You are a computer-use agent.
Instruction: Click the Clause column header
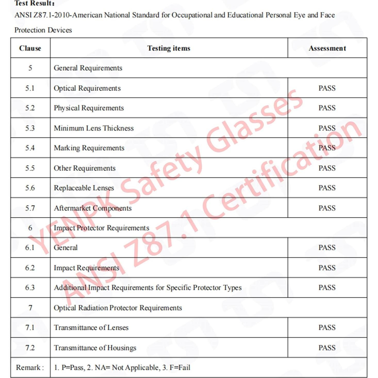pos(30,48)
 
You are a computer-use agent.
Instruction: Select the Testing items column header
pos(169,48)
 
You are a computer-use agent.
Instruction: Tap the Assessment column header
pos(327,48)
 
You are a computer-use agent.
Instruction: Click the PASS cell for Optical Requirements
pos(327,88)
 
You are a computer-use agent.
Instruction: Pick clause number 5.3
pos(30,128)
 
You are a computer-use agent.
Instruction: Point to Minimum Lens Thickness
pos(94,128)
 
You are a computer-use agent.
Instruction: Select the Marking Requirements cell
pos(89,148)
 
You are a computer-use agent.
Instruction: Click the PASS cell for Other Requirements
pos(327,168)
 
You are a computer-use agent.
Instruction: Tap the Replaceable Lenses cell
pos(84,188)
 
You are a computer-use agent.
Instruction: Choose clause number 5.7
pos(30,208)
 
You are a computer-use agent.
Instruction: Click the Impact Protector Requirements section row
pos(101,228)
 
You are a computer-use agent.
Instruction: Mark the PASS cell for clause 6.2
pos(327,268)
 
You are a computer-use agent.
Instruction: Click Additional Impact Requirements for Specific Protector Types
pos(147,288)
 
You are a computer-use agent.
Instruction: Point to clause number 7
pos(30,308)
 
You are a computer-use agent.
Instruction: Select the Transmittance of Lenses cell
pos(91,328)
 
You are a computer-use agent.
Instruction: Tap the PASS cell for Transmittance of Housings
pos(327,348)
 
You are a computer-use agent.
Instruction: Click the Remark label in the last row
pos(30,367)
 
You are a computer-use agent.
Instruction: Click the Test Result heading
pos(34,3)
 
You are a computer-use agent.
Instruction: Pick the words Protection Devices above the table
pos(43,30)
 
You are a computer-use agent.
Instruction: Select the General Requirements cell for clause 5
pos(88,68)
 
